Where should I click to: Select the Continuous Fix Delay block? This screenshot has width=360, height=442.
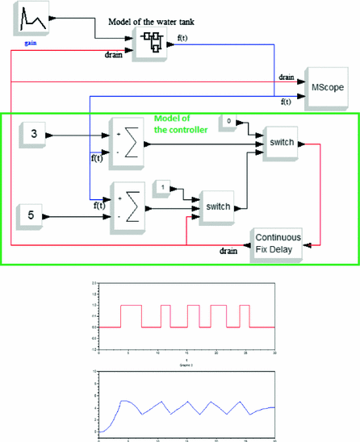[x=278, y=242]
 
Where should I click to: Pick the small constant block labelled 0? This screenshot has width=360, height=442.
[x=230, y=122]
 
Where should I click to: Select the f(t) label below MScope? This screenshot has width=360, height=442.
[x=286, y=102]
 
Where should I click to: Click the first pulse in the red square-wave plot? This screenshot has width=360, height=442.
[x=131, y=315]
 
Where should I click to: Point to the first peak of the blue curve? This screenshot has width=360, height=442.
[x=123, y=401]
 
